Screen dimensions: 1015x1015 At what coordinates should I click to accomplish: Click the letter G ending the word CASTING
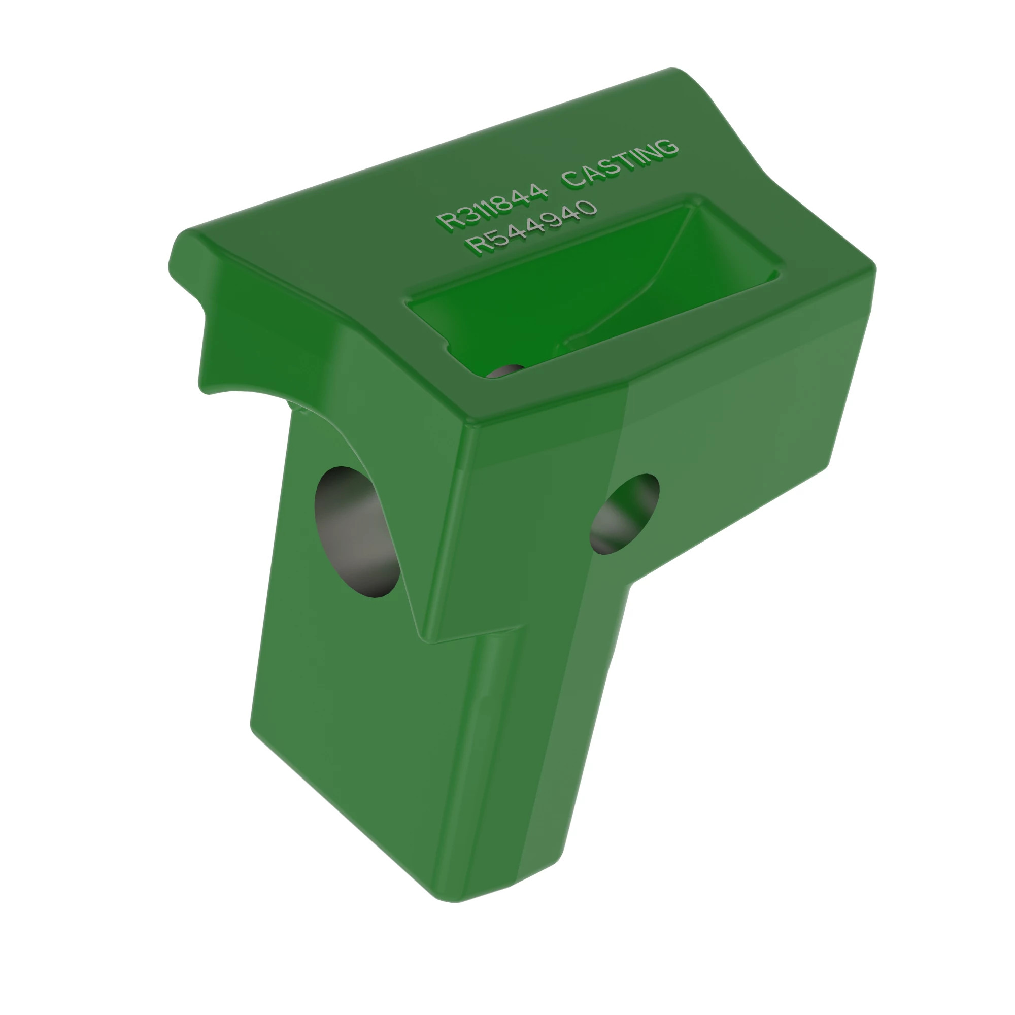666,147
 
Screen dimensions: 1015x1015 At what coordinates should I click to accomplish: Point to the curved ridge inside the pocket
646,284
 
